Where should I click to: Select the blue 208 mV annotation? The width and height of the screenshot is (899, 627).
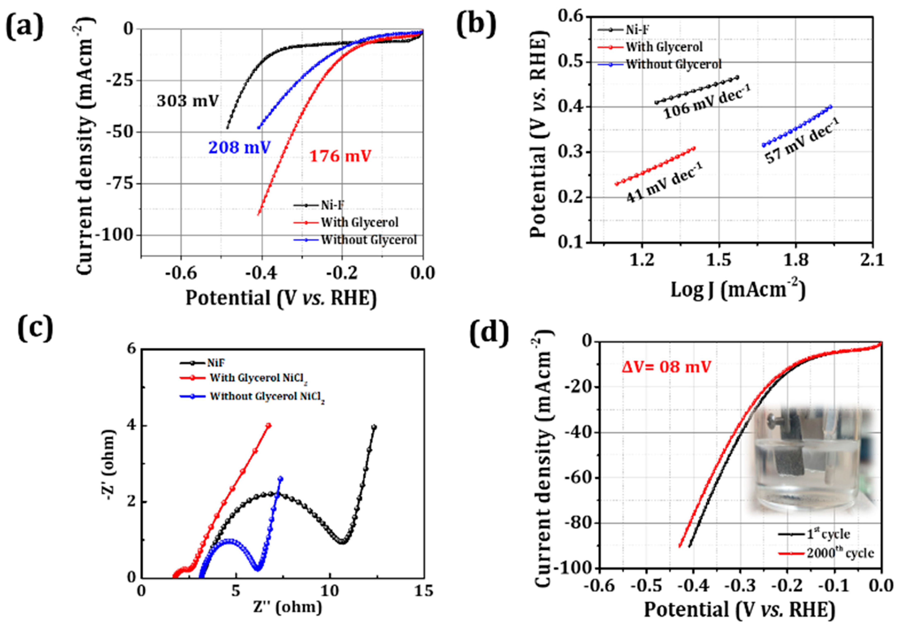(239, 148)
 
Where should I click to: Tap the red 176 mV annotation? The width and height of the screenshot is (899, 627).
(340, 156)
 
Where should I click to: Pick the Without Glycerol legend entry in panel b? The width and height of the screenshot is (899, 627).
(673, 64)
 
